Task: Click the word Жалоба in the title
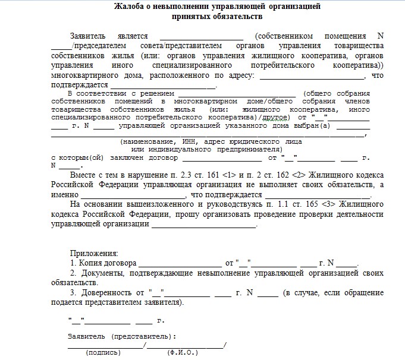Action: click(127, 8)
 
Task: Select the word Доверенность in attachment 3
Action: click(106, 293)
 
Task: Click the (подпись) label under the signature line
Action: click(103, 352)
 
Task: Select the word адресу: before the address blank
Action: click(238, 76)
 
